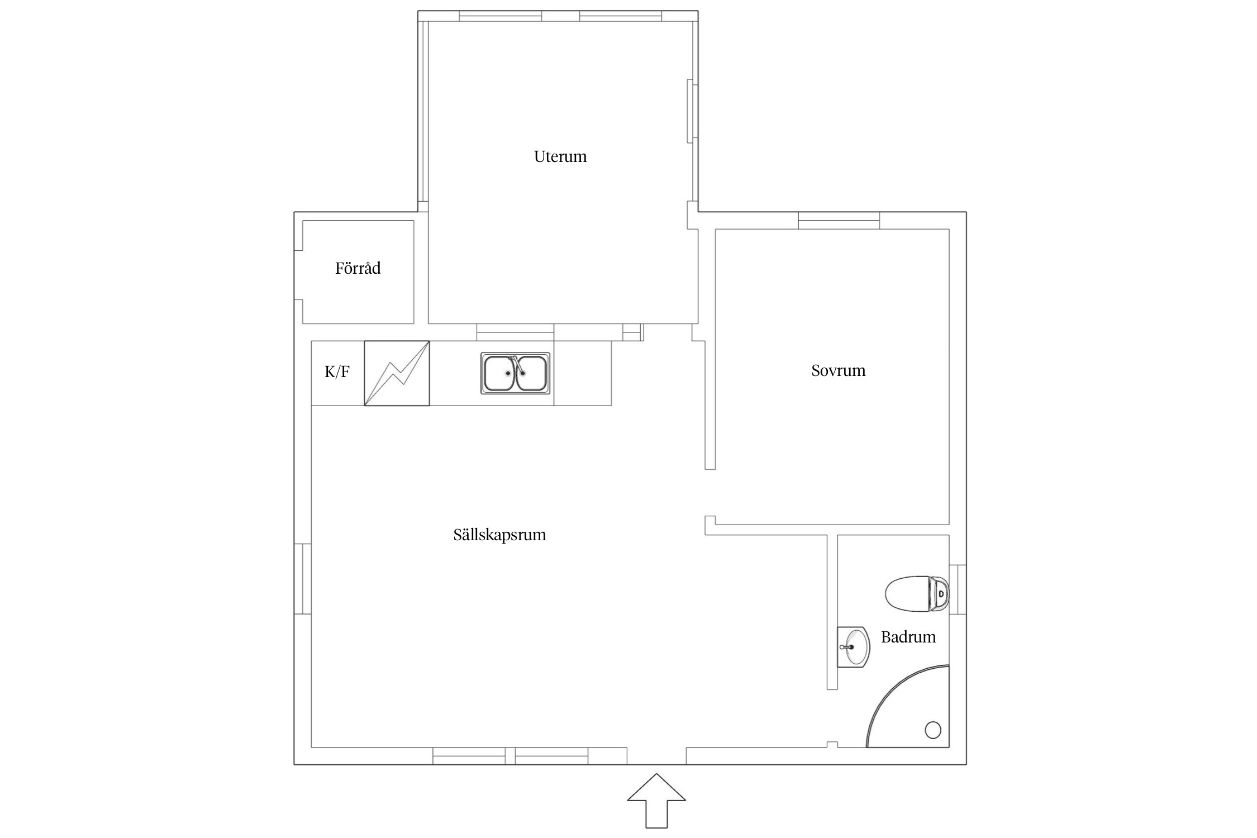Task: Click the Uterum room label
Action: pos(560,156)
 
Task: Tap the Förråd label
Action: pos(358,268)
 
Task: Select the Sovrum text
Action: pos(838,370)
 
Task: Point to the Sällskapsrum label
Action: pos(499,535)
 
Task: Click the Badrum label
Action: pos(908,637)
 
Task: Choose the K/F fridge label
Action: pos(337,372)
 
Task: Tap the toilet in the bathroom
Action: pos(917,593)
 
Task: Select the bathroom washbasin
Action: pos(853,647)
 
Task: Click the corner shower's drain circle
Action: pos(933,730)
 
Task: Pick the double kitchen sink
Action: pos(515,373)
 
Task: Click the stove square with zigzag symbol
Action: pos(397,373)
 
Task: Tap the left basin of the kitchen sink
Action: pos(499,373)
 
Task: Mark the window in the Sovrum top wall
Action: pos(839,221)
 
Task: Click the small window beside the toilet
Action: pos(958,589)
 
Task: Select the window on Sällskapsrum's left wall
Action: pos(303,579)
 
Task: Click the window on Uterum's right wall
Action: pos(693,111)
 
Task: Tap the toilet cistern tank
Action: pos(939,593)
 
